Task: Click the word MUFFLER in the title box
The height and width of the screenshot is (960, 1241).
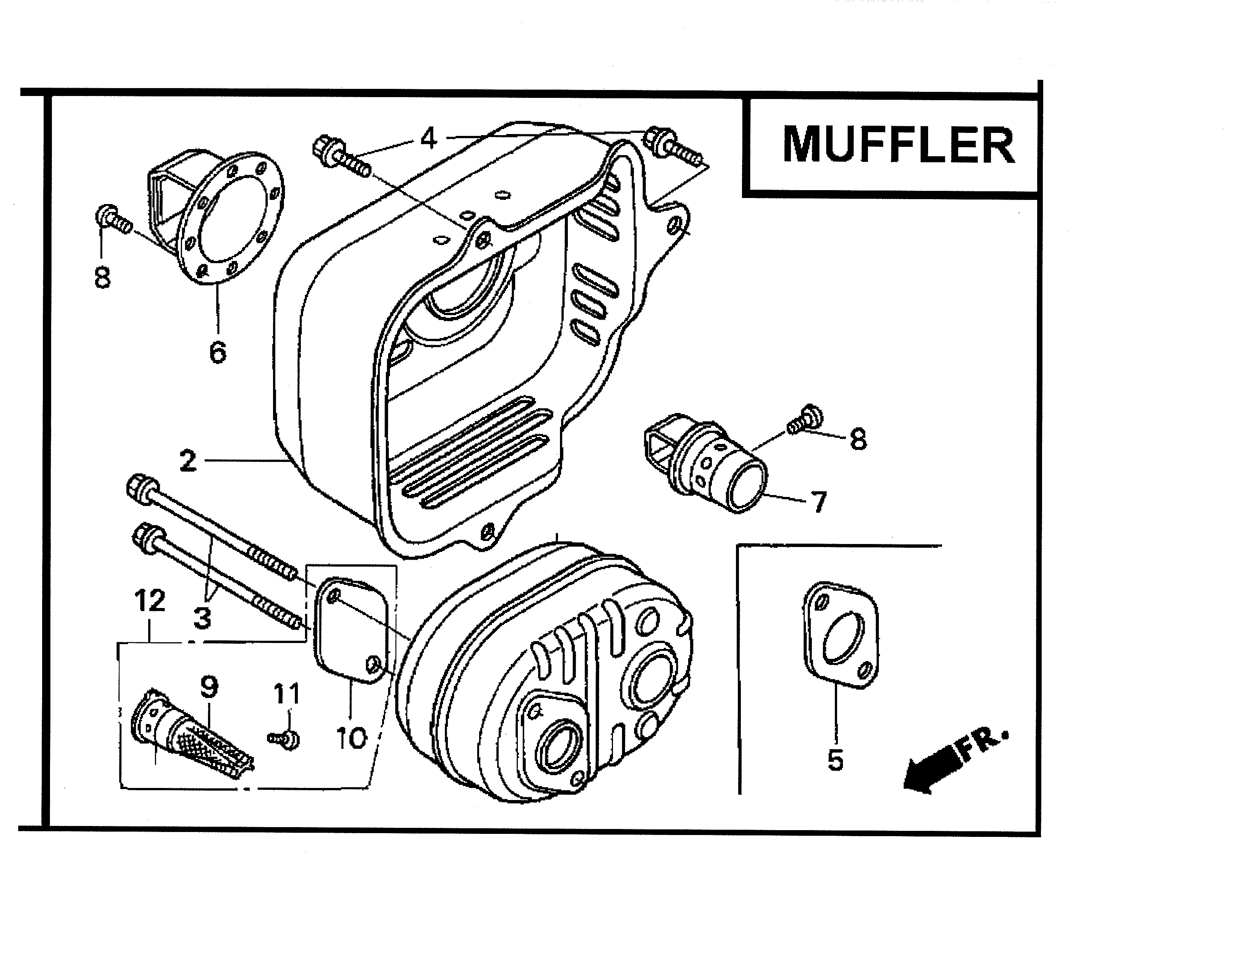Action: point(898,145)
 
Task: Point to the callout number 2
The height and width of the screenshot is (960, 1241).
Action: point(188,461)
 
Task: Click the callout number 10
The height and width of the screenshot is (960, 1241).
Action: point(352,738)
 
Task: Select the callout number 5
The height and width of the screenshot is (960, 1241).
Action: point(835,759)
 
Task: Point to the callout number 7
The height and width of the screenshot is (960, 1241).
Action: point(818,502)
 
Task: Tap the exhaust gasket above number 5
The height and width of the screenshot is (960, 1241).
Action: point(841,635)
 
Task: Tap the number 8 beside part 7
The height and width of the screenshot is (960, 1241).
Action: point(858,439)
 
